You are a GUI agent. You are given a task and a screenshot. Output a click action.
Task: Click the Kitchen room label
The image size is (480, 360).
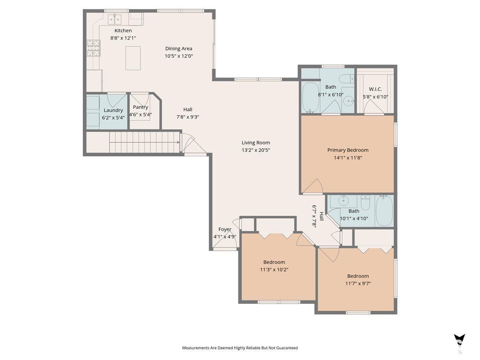123,31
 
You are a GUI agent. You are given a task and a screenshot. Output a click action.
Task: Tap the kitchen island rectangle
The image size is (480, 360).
133,58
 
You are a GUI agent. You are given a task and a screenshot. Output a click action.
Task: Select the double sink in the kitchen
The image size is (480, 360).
115,19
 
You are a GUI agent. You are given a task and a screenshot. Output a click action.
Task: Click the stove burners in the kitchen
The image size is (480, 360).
94,48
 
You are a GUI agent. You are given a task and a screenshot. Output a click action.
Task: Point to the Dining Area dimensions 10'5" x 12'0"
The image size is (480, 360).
179,56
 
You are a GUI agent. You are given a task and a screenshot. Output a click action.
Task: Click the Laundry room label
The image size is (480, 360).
113,110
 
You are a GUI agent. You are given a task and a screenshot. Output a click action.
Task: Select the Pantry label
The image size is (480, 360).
140,107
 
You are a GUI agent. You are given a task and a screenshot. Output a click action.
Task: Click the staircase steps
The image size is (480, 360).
144,142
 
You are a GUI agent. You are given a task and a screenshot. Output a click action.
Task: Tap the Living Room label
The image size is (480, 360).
256,143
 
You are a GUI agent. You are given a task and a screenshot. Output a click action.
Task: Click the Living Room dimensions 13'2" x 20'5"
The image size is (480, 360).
256,150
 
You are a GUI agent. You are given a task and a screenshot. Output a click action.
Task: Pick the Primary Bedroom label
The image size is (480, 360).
348,150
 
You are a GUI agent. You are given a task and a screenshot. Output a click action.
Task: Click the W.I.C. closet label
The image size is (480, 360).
375,89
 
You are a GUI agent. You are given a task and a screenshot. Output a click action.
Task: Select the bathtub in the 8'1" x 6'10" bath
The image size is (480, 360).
310,97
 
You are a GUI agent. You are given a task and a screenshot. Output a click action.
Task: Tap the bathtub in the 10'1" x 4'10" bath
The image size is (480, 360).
384,211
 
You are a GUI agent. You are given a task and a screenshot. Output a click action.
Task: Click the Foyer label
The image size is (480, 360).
224,230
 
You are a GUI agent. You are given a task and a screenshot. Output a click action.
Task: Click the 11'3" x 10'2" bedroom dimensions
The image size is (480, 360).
274,270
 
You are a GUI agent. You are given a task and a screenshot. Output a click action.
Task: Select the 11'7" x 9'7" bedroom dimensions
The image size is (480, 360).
358,284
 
